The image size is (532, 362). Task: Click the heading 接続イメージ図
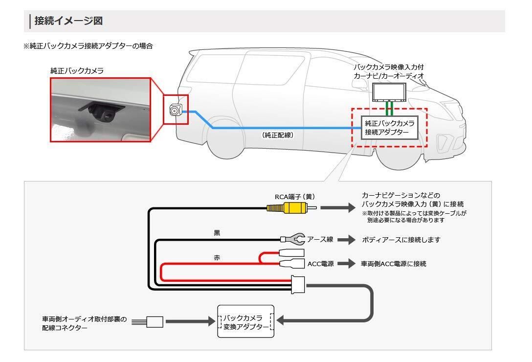68,21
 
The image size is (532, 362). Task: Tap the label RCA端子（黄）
294,197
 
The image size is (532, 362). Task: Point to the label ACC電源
321,264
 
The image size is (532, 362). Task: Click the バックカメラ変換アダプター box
245,321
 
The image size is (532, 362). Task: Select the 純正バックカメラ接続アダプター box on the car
389,127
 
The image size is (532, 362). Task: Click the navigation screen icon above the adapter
389,91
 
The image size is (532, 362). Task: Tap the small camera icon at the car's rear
175,111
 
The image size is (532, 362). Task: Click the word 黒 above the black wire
217,233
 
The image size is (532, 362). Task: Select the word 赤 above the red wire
217,257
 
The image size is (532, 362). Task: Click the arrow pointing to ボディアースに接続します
347,240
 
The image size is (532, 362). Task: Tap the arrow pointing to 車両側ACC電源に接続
346,264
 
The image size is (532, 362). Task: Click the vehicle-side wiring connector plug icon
155,321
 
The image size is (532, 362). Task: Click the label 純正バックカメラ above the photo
77,71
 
